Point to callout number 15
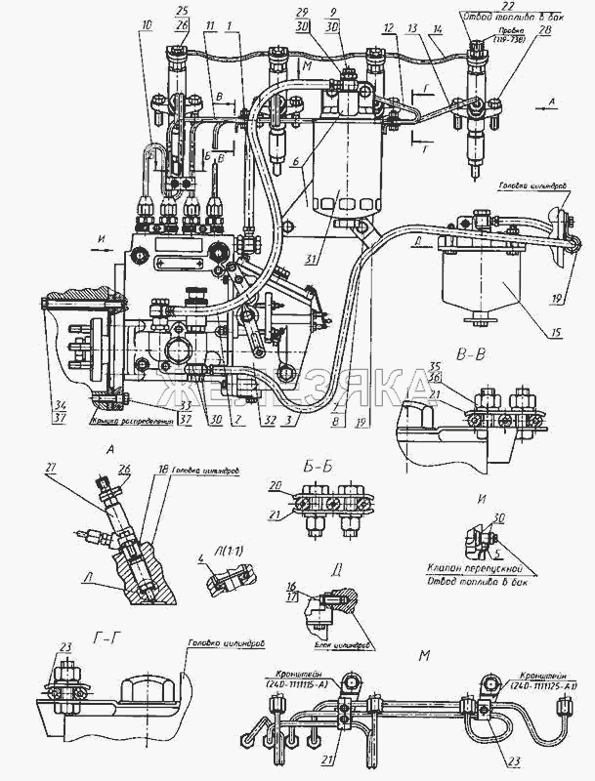555,333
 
